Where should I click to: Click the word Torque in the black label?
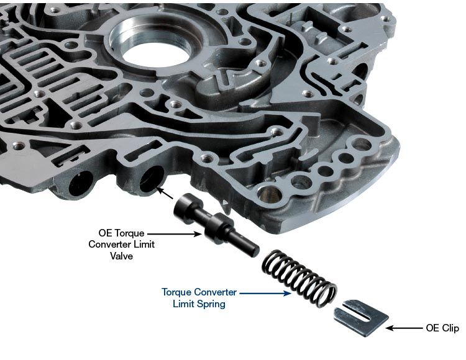tap(130, 233)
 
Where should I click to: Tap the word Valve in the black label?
tap(122, 256)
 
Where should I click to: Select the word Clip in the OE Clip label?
tap(450, 328)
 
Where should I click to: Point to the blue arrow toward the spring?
tap(265, 294)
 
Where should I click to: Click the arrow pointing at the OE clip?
tap(404, 328)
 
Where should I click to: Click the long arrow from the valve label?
tap(175, 234)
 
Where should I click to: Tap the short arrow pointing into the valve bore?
tap(165, 193)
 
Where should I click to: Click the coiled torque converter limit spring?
tap(299, 278)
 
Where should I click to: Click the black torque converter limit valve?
tap(214, 223)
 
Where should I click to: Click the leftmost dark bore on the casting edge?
tap(81, 183)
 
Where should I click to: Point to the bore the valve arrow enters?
tap(152, 179)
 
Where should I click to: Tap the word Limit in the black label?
tap(144, 245)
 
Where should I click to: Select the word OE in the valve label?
tap(105, 233)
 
